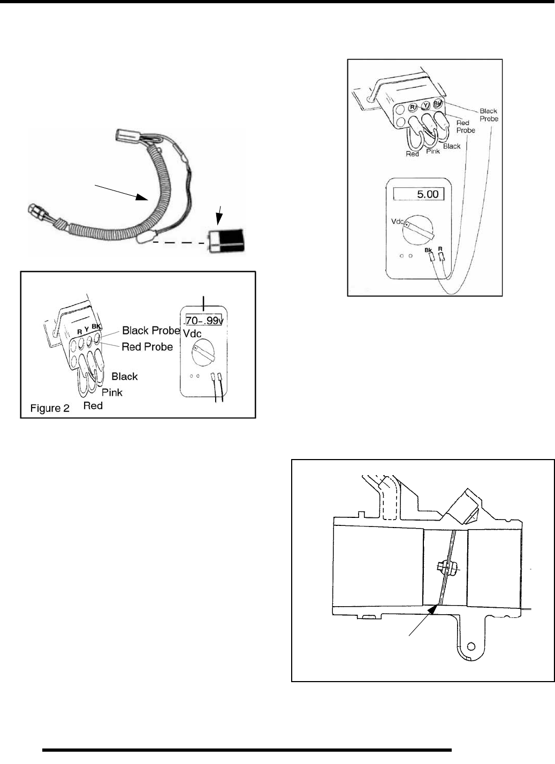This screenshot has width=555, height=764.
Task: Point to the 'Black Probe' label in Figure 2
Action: click(x=151, y=330)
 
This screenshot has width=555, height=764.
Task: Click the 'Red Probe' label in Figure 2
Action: click(x=147, y=347)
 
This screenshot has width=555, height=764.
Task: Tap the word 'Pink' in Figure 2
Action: click(x=112, y=392)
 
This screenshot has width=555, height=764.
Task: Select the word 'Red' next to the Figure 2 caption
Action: click(x=93, y=406)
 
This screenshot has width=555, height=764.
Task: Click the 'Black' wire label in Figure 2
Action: click(x=124, y=377)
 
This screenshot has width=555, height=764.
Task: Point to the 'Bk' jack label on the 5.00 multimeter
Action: click(x=428, y=249)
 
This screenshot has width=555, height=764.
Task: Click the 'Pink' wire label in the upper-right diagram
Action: click(x=433, y=151)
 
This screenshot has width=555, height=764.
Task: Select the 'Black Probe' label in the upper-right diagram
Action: click(x=488, y=115)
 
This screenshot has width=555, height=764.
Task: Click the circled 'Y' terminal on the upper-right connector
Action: click(x=425, y=106)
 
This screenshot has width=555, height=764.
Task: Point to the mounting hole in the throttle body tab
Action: click(x=472, y=643)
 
